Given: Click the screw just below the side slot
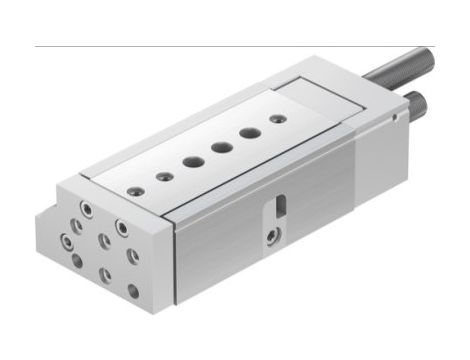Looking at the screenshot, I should (x=273, y=238).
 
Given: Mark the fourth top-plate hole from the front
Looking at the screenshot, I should (x=218, y=147).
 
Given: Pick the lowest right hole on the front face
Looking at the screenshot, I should (x=132, y=292).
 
